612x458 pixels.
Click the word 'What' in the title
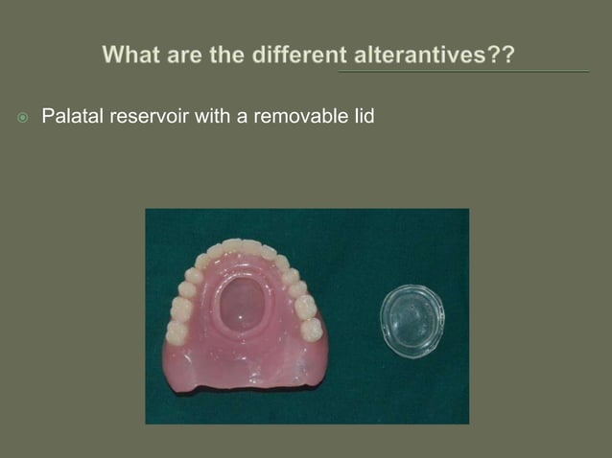(131, 56)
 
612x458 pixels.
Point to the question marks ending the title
(502, 56)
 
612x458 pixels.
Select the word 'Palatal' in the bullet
(72, 118)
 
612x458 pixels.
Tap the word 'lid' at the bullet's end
(362, 118)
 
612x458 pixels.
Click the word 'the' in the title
(218, 56)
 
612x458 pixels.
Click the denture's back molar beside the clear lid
(312, 330)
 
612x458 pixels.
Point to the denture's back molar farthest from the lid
(177, 332)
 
